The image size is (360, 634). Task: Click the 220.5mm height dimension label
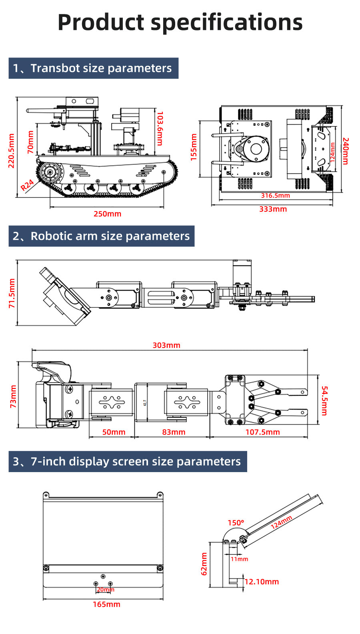pyautogui.click(x=11, y=151)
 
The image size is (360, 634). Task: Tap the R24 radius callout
pyautogui.click(x=27, y=185)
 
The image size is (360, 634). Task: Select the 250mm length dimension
pyautogui.click(x=107, y=214)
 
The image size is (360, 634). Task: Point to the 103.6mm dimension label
pyautogui.click(x=160, y=128)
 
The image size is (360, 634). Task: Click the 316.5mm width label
pyautogui.click(x=275, y=195)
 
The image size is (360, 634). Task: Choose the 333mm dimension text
pyautogui.click(x=273, y=209)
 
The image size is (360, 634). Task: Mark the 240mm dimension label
pyautogui.click(x=346, y=151)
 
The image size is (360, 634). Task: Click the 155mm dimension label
pyautogui.click(x=194, y=147)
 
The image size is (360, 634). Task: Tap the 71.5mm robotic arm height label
pyautogui.click(x=12, y=293)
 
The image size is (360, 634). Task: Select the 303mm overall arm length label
pyautogui.click(x=166, y=345)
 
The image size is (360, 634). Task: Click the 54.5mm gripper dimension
pyautogui.click(x=324, y=401)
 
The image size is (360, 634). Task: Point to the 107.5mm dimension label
pyautogui.click(x=262, y=432)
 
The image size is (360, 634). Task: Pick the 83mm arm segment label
pyautogui.click(x=174, y=432)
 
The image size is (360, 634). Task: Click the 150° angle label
pyautogui.click(x=236, y=523)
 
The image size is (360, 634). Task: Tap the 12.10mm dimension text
pyautogui.click(x=262, y=582)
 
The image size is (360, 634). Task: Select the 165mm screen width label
pyautogui.click(x=106, y=604)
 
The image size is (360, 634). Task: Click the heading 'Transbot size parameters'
pyautogui.click(x=101, y=68)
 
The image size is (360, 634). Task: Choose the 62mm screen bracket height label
pyautogui.click(x=204, y=564)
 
